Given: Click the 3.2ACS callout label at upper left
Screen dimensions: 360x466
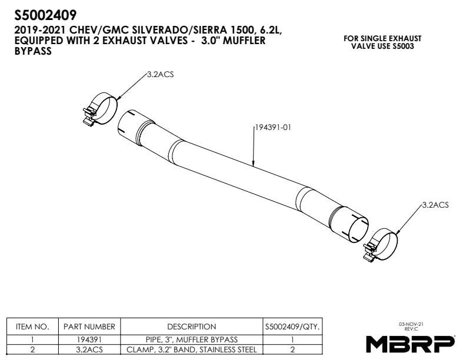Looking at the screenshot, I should click(x=161, y=75).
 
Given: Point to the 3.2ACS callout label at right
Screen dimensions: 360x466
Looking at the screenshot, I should click(x=435, y=205).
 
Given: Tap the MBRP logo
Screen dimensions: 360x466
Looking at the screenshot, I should click(x=410, y=343).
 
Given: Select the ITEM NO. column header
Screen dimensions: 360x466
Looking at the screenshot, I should click(x=32, y=326).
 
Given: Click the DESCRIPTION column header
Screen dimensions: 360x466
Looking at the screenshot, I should click(x=191, y=326).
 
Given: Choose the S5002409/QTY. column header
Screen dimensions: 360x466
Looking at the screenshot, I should click(x=292, y=326).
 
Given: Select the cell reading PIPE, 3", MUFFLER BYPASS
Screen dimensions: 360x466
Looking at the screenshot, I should click(x=191, y=339).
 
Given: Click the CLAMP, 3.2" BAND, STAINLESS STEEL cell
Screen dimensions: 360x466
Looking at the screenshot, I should click(x=191, y=349).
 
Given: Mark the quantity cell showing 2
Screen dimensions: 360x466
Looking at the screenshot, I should click(x=292, y=349).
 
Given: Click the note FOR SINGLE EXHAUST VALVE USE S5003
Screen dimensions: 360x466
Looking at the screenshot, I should click(x=382, y=42).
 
